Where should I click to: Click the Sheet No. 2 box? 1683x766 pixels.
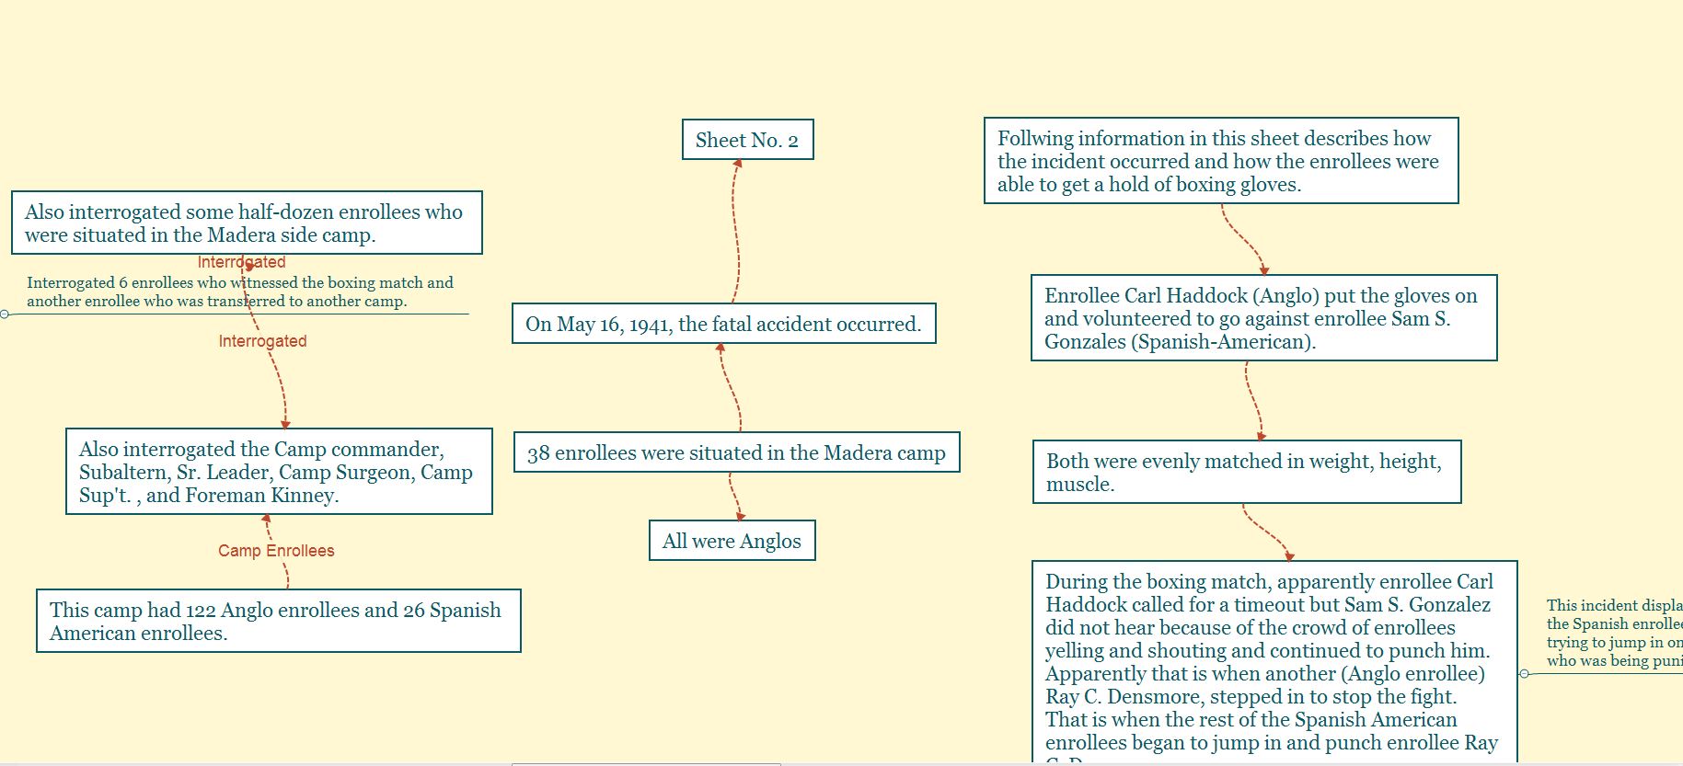747,140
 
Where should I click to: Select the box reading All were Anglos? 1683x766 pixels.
732,541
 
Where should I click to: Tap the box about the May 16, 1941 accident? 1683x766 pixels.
723,324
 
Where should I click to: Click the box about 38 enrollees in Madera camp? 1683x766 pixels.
736,452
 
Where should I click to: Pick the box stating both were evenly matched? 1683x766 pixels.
1246,472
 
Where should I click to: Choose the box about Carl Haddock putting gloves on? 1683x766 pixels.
1263,318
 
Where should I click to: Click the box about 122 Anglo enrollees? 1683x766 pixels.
278,621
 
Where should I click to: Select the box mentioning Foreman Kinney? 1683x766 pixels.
279,472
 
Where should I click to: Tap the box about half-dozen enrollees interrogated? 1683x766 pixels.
247,223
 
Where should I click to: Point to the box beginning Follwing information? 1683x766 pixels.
1220,161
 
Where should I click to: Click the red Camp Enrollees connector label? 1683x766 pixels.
276,551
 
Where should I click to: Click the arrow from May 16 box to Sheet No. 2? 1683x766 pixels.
737,230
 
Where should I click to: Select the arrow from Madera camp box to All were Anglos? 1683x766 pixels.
734,497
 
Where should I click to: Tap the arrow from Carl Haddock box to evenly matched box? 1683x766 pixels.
1253,401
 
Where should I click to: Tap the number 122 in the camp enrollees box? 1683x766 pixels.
201,611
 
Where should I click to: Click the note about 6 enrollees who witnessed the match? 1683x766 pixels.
239,292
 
